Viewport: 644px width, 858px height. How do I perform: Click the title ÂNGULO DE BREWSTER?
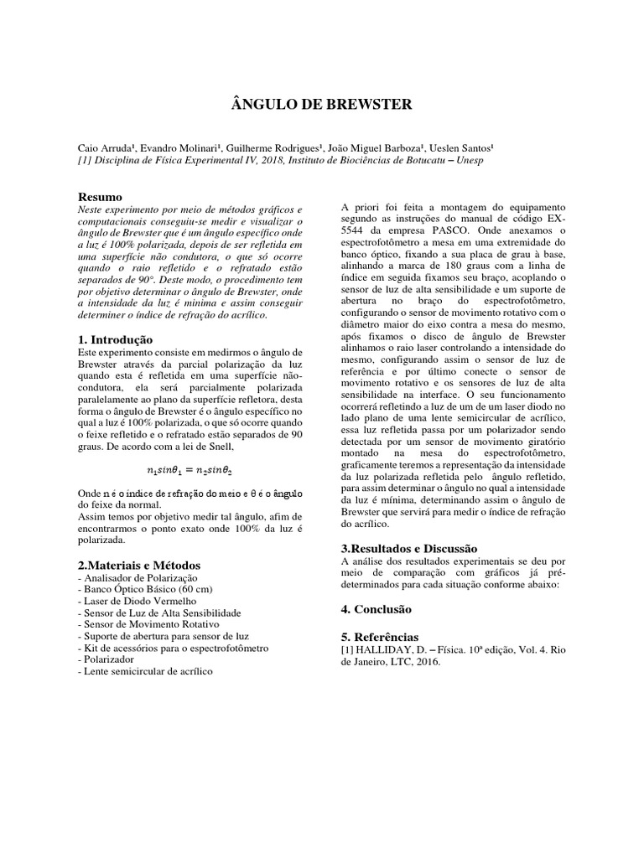322,105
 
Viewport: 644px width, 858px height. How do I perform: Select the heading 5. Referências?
379,637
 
